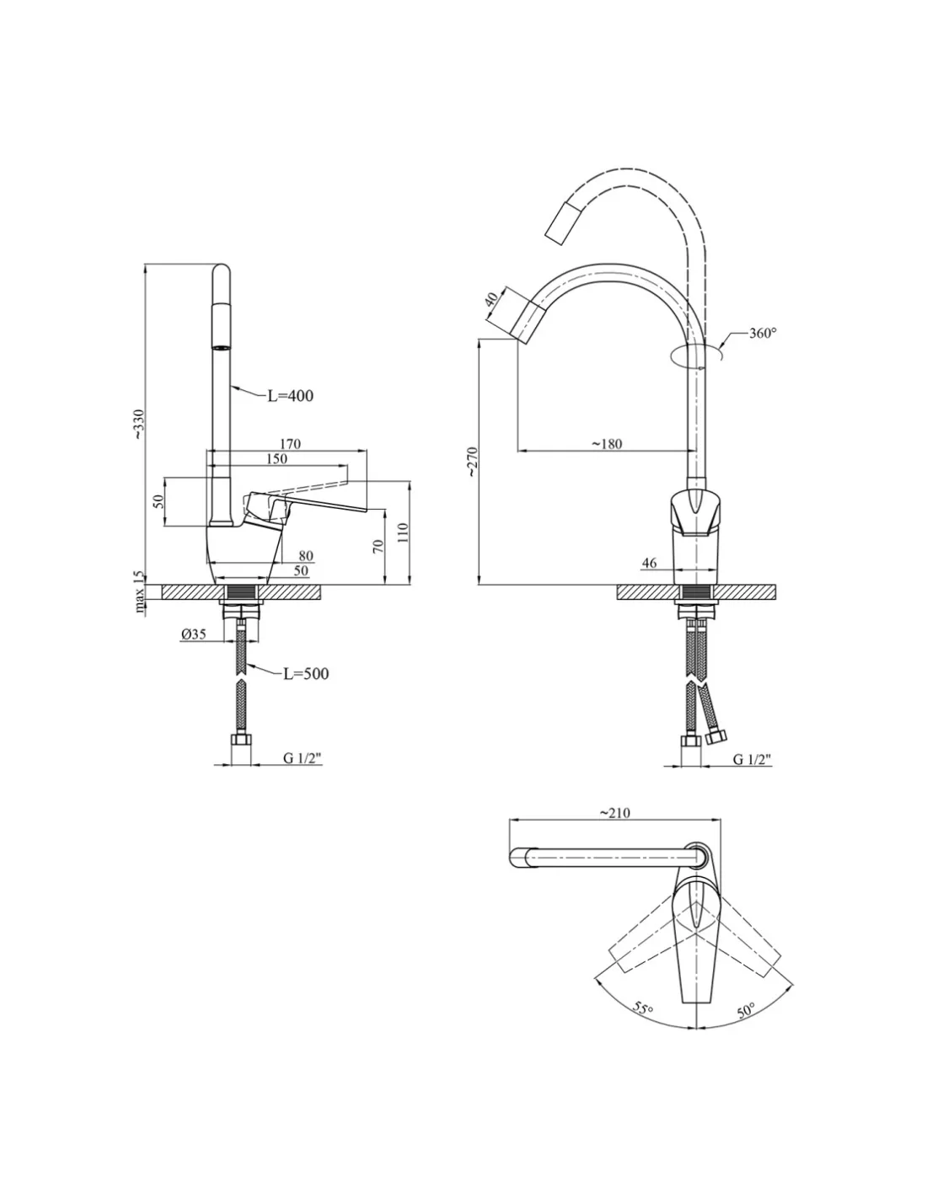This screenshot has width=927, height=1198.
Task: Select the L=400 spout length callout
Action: click(x=290, y=395)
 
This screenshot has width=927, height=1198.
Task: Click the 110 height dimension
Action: click(x=403, y=532)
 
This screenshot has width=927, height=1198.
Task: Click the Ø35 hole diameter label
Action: click(x=193, y=635)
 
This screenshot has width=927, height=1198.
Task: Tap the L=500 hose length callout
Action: click(x=305, y=673)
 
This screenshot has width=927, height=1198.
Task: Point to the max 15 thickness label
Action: click(x=140, y=590)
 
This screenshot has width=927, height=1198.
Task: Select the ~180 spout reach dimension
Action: click(x=606, y=444)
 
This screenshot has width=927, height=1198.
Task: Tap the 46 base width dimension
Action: click(x=649, y=563)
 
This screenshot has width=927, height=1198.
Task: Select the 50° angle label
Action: click(x=747, y=1009)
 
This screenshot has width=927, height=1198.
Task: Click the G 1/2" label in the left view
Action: click(x=302, y=758)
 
